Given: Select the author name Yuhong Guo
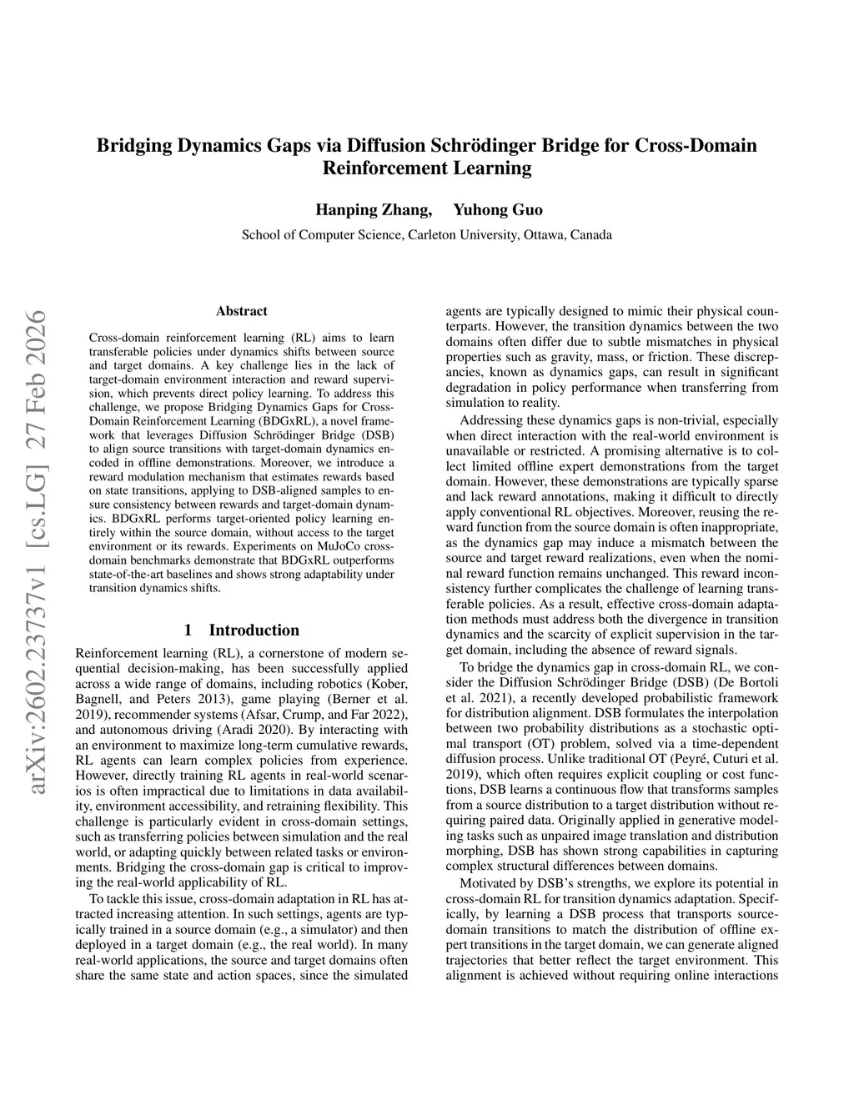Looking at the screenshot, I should coord(498,209).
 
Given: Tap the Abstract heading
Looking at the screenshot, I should coord(242,311).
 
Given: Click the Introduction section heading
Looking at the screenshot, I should coord(254,630).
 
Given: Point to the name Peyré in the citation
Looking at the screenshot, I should coord(726,759).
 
